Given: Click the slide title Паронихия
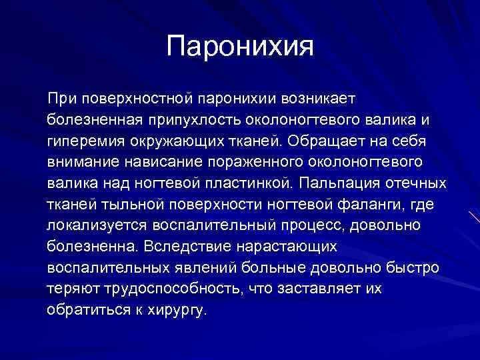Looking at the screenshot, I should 239,46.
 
